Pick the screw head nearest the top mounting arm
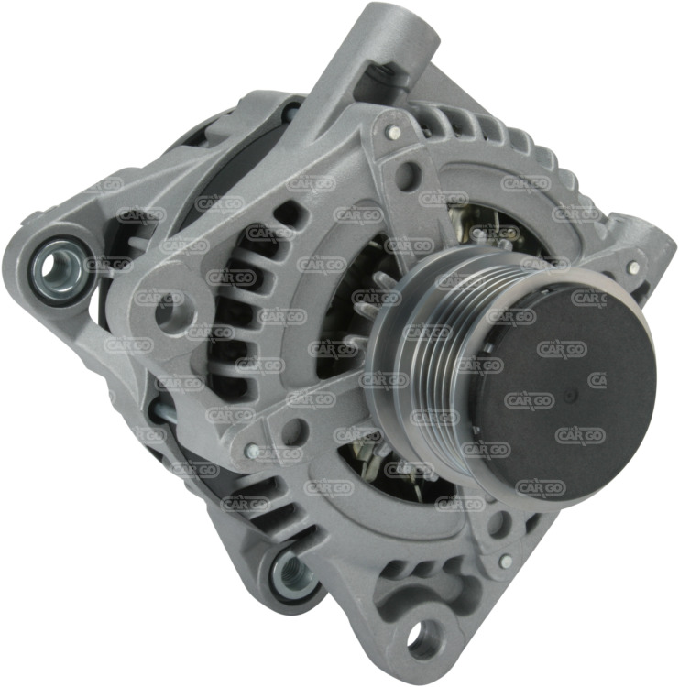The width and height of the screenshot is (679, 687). click(393, 130)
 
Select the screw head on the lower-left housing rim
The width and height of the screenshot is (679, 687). click(252, 450)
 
